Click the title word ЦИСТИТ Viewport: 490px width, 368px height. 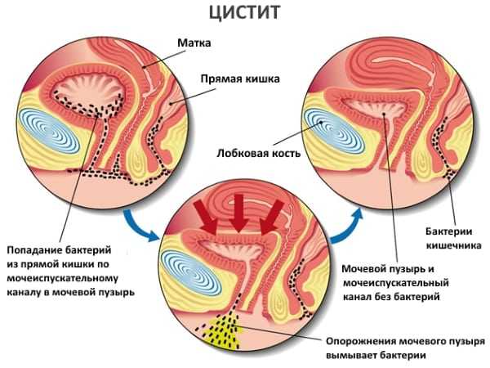tap(244, 12)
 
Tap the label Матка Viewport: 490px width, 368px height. tap(194, 43)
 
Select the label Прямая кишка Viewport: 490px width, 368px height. tap(240, 79)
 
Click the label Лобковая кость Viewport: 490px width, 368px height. tap(259, 154)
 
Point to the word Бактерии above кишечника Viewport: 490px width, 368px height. tap(448, 231)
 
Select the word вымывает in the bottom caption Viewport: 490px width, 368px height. tap(351, 356)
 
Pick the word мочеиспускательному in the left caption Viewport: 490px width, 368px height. tap(63, 279)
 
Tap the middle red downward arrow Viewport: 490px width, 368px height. tap(239, 213)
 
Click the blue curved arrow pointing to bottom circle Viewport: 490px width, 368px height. tap(139, 226)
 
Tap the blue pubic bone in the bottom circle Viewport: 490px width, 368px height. tap(190, 273)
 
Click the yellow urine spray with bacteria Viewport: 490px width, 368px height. tap(222, 332)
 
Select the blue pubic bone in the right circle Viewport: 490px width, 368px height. tap(334, 131)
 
